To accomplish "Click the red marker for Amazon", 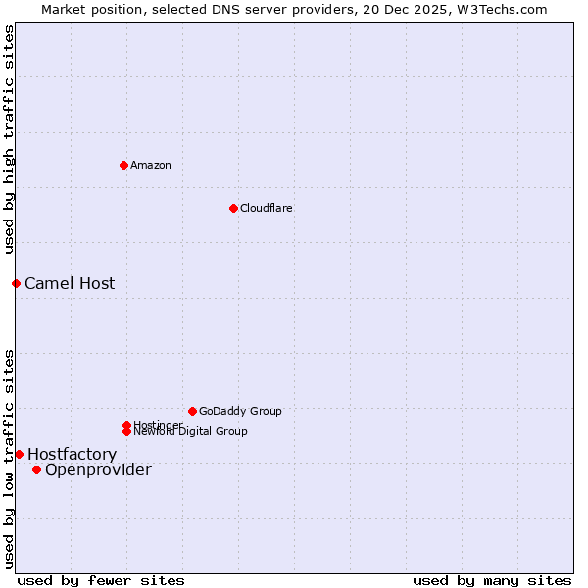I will [123, 165].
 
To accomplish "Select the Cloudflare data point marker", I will [233, 208].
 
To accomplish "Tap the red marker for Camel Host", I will [16, 283].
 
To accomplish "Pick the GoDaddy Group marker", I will [192, 411].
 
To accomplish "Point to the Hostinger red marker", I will [126, 425].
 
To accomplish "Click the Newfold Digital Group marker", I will [127, 431].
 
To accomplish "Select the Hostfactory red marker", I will [19, 454].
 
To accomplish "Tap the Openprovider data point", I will [36, 469].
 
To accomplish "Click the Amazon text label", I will [151, 165].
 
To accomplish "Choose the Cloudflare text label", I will [266, 208].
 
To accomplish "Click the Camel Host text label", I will [70, 283].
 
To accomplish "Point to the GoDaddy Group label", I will [240, 411].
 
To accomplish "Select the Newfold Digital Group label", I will [191, 431].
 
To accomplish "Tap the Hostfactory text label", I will [72, 454].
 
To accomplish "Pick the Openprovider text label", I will [98, 469].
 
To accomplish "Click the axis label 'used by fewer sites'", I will [101, 580].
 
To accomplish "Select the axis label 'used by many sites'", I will [492, 580].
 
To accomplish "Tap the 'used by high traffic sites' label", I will [9, 140].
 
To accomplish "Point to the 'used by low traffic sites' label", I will [9, 458].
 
